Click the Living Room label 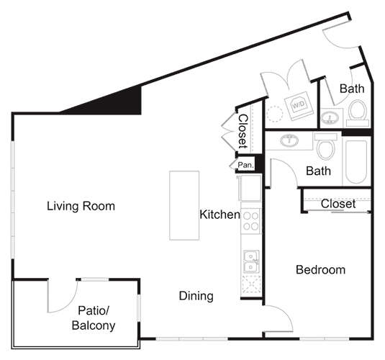pos(81,207)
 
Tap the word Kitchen pos(219,214)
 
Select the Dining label pos(196,296)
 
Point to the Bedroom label pos(320,270)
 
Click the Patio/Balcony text pos(94,318)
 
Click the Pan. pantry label pos(244,165)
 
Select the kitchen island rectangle pos(184,205)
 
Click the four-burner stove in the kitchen pos(250,220)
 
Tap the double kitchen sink pos(251,263)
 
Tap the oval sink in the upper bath pos(330,117)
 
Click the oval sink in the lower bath pos(290,140)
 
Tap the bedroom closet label pos(338,204)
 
